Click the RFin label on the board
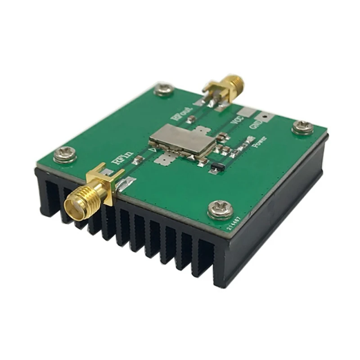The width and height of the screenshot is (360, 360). click(125, 160)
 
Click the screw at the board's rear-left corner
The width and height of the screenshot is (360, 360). click(163, 90)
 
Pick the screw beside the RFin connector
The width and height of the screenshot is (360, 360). click(65, 155)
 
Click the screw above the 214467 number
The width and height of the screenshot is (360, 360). click(221, 209)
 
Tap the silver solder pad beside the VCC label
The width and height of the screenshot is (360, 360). click(245, 112)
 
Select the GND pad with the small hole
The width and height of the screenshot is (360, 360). click(266, 119)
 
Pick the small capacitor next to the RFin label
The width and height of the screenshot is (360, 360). click(140, 158)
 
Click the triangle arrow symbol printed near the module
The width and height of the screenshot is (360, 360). click(153, 148)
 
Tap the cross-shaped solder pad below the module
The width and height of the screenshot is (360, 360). click(166, 158)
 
